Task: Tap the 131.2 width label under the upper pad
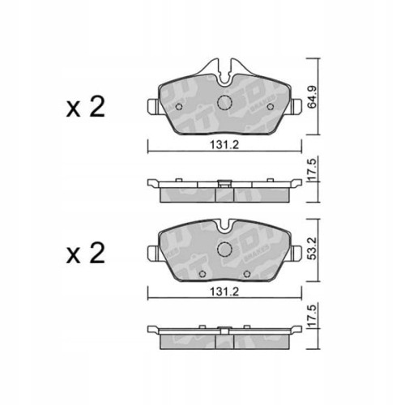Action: [x=220, y=146]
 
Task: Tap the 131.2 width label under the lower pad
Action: [x=220, y=295]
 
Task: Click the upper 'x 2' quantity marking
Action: [x=86, y=109]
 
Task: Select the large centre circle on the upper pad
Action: [x=226, y=102]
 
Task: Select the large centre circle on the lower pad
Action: [x=226, y=249]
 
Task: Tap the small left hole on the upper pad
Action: [x=179, y=103]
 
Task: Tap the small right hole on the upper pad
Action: [x=273, y=103]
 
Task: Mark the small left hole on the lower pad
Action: [x=179, y=249]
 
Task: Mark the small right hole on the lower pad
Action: [x=273, y=249]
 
